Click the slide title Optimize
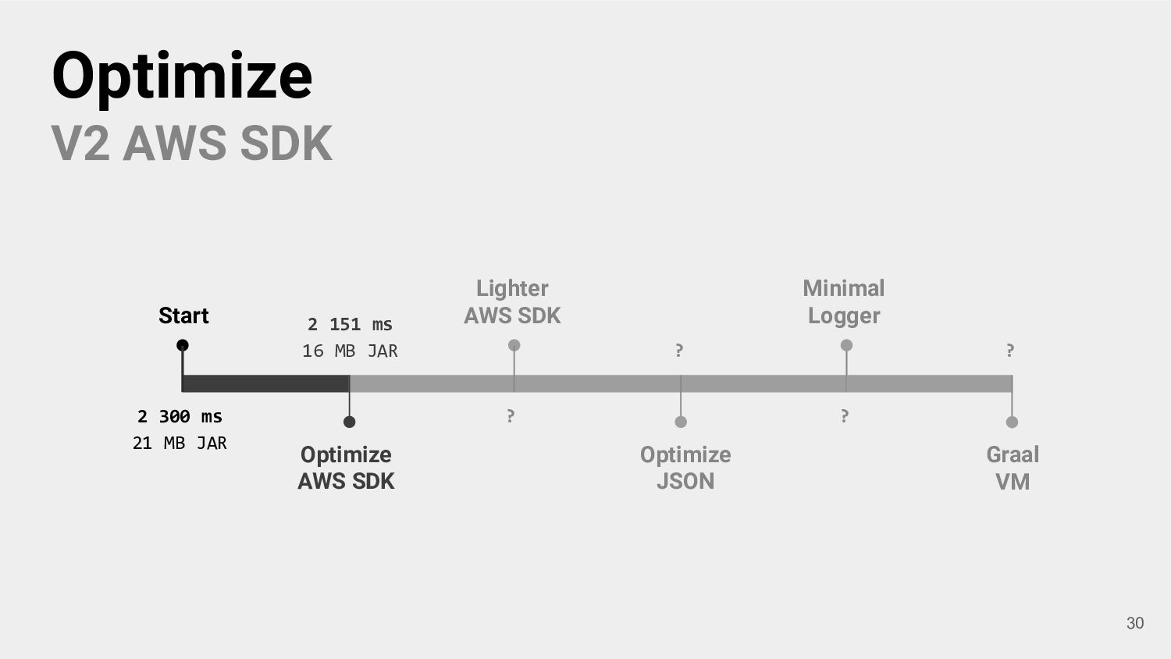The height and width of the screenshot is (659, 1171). click(x=182, y=75)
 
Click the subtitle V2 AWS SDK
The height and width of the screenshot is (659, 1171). click(x=192, y=143)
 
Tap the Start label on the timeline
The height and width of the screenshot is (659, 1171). click(x=183, y=315)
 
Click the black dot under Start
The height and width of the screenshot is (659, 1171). click(x=183, y=345)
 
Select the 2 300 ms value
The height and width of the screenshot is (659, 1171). click(x=180, y=416)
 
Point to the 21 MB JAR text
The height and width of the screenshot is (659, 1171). click(x=180, y=443)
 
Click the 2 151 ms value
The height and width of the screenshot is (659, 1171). click(x=350, y=324)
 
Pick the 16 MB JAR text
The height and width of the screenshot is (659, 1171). click(x=350, y=351)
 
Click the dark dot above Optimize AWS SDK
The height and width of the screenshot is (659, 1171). click(x=350, y=422)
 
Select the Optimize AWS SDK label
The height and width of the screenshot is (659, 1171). click(x=346, y=468)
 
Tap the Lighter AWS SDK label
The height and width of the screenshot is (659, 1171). click(x=512, y=301)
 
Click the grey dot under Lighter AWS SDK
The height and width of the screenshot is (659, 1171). click(x=514, y=345)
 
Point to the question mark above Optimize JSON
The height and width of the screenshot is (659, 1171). click(x=679, y=351)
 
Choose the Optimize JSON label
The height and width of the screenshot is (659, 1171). click(x=685, y=468)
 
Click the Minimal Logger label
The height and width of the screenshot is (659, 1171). click(x=844, y=301)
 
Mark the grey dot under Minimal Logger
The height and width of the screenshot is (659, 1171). click(x=846, y=345)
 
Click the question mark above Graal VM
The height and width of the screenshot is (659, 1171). click(x=1010, y=351)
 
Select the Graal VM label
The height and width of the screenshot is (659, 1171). click(x=1013, y=468)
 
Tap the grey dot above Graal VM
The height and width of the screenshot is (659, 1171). click(x=1012, y=422)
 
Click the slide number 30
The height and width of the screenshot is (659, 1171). click(x=1135, y=622)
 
